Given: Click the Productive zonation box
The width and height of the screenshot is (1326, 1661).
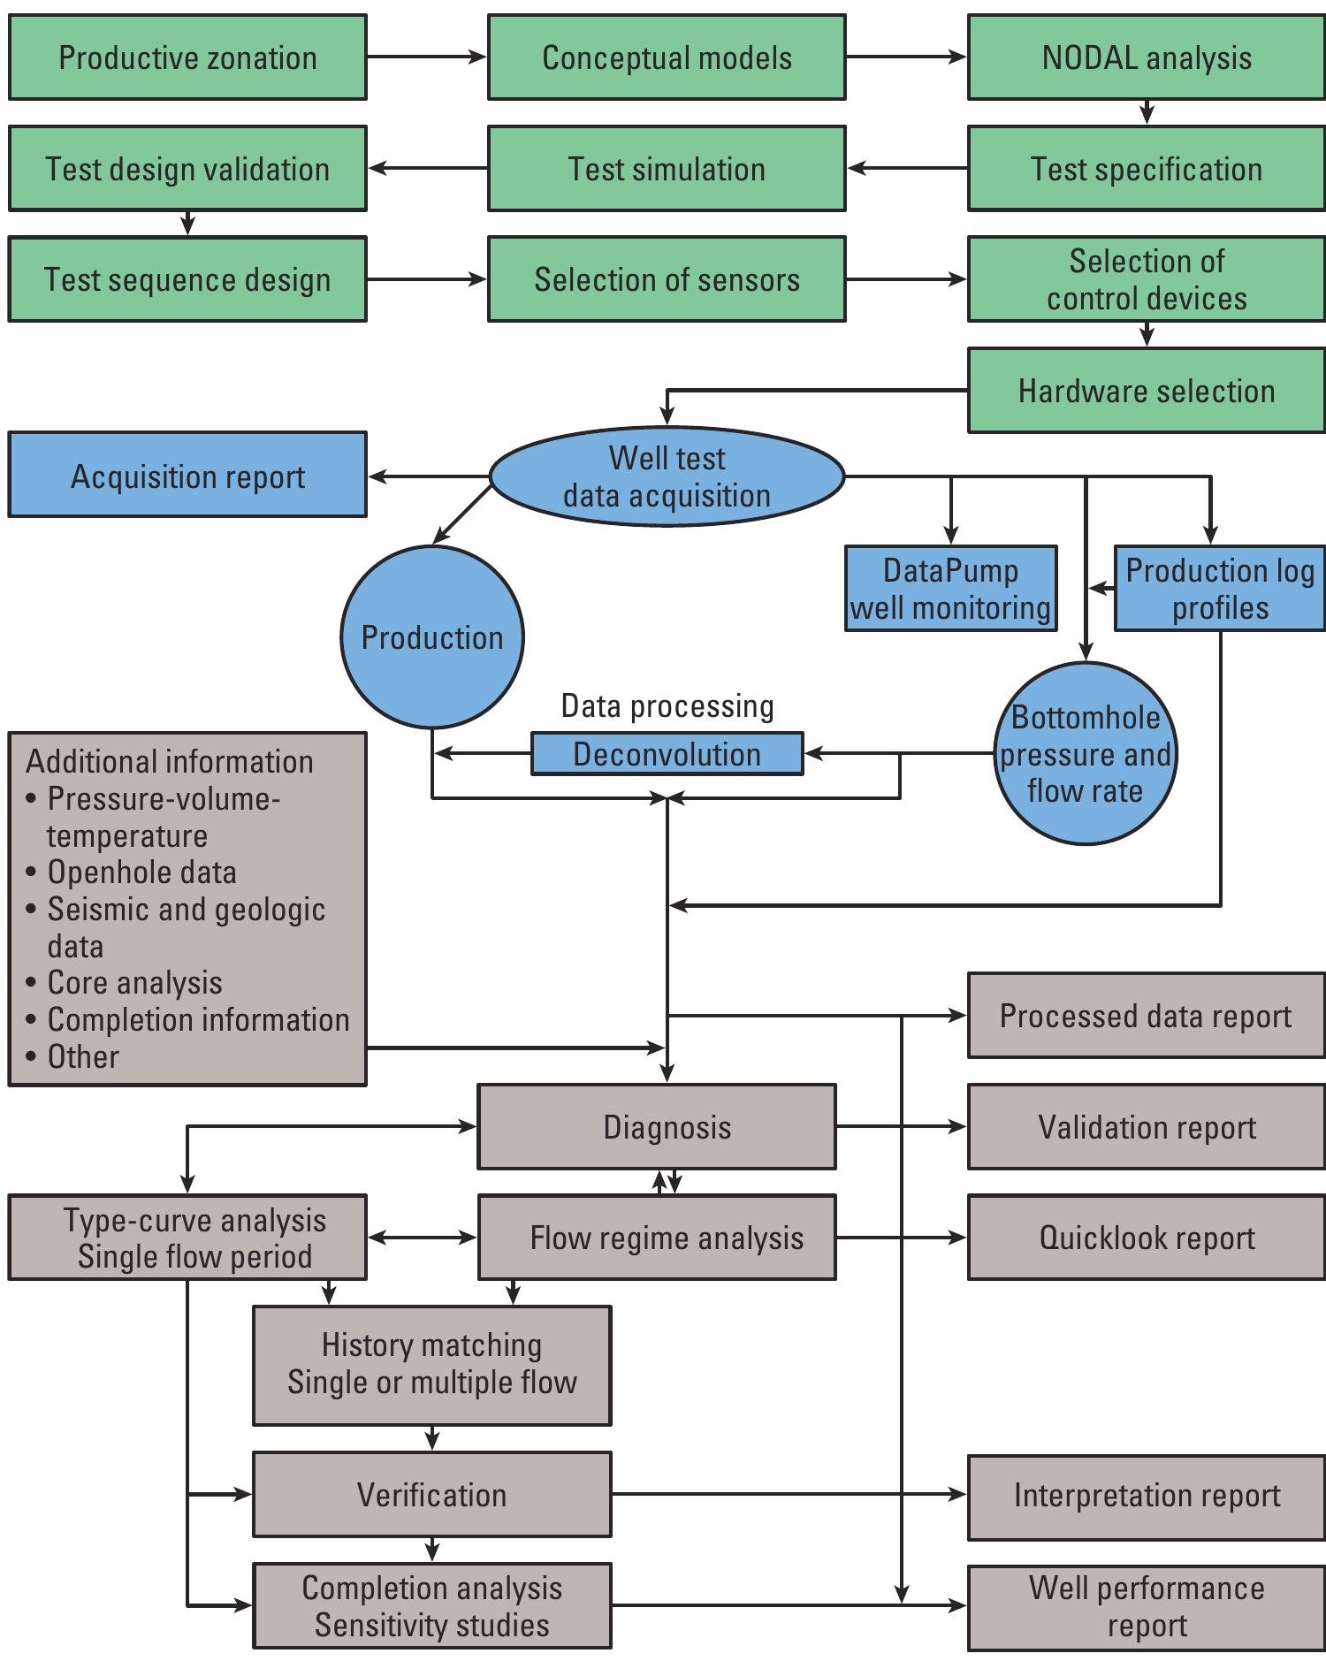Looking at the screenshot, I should click(187, 57).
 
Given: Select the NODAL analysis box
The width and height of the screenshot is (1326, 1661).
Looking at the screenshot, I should click(1147, 57).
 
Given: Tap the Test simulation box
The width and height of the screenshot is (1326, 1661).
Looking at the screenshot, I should click(667, 169).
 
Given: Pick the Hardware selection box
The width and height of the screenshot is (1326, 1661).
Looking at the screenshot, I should click(1147, 391).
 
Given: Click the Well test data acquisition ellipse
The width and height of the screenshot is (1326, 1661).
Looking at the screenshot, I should click(667, 477).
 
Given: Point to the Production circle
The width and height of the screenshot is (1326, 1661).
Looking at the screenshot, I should click(432, 637).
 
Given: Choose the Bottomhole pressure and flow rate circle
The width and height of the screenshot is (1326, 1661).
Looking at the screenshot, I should click(1086, 754).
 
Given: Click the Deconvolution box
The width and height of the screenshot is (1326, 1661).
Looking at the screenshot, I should click(667, 754).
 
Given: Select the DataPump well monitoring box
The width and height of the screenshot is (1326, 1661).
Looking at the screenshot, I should click(950, 589).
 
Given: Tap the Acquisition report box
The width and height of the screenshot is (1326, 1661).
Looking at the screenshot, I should click(187, 476).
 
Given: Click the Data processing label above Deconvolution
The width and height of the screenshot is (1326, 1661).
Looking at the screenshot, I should click(667, 706).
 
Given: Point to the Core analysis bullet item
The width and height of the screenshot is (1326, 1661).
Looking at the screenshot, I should click(134, 983).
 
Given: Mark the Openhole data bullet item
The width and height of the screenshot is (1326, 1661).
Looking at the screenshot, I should click(141, 872).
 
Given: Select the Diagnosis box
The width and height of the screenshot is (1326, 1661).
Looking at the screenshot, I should click(657, 1127).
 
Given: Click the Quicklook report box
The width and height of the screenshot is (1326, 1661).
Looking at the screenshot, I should click(1147, 1238).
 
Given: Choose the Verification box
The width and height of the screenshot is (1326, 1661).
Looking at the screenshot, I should click(432, 1495).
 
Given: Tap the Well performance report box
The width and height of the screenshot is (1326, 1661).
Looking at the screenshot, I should click(1147, 1606).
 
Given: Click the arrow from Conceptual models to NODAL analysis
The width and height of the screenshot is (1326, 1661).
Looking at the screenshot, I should click(906, 57).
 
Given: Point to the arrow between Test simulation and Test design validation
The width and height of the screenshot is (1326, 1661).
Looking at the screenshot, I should click(428, 168).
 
